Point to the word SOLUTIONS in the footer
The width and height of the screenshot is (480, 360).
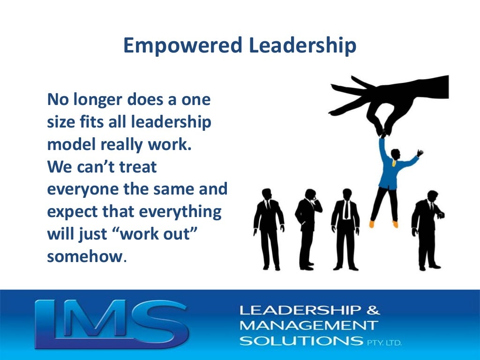tap(300, 340)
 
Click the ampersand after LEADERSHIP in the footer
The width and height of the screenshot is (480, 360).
tap(374, 309)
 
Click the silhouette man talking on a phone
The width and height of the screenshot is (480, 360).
tap(308, 230)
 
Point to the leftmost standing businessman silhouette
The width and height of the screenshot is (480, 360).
tap(269, 230)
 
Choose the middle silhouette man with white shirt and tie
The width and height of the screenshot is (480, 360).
tap(345, 230)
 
